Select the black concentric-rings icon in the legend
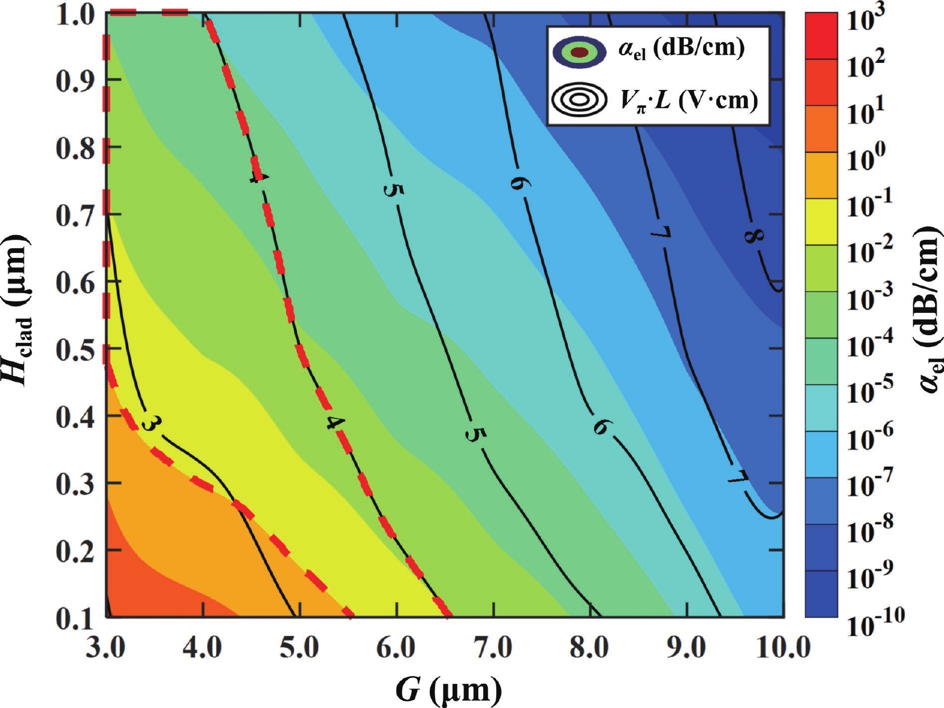point(578,100)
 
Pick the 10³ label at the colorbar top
point(869,18)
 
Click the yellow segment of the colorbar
point(821,222)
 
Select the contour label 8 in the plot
point(755,236)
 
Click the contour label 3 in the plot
point(150,423)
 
